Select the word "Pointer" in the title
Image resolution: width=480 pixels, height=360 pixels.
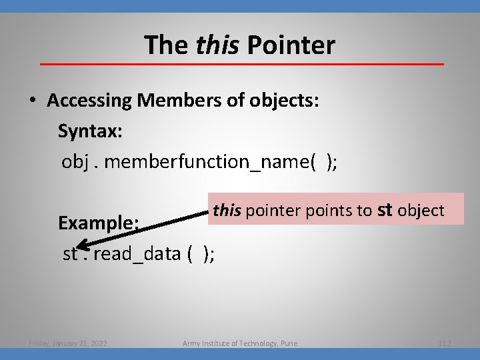(x=291, y=45)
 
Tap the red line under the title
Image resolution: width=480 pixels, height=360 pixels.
(x=241, y=64)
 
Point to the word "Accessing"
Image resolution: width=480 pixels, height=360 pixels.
(x=90, y=101)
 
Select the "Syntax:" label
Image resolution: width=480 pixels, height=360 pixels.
(x=90, y=131)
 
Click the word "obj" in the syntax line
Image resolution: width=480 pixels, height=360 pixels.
(x=75, y=162)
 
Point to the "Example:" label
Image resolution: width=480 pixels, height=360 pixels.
(x=98, y=223)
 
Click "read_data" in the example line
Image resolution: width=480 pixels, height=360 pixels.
(x=137, y=253)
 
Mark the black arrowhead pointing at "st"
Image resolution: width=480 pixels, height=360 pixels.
(x=77, y=245)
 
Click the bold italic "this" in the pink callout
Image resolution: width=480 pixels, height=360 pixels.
(x=227, y=211)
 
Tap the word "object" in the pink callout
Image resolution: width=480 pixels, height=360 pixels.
(x=421, y=211)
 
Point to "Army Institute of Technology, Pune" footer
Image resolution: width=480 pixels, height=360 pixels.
(x=240, y=343)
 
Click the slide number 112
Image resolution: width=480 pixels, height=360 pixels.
(x=445, y=343)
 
